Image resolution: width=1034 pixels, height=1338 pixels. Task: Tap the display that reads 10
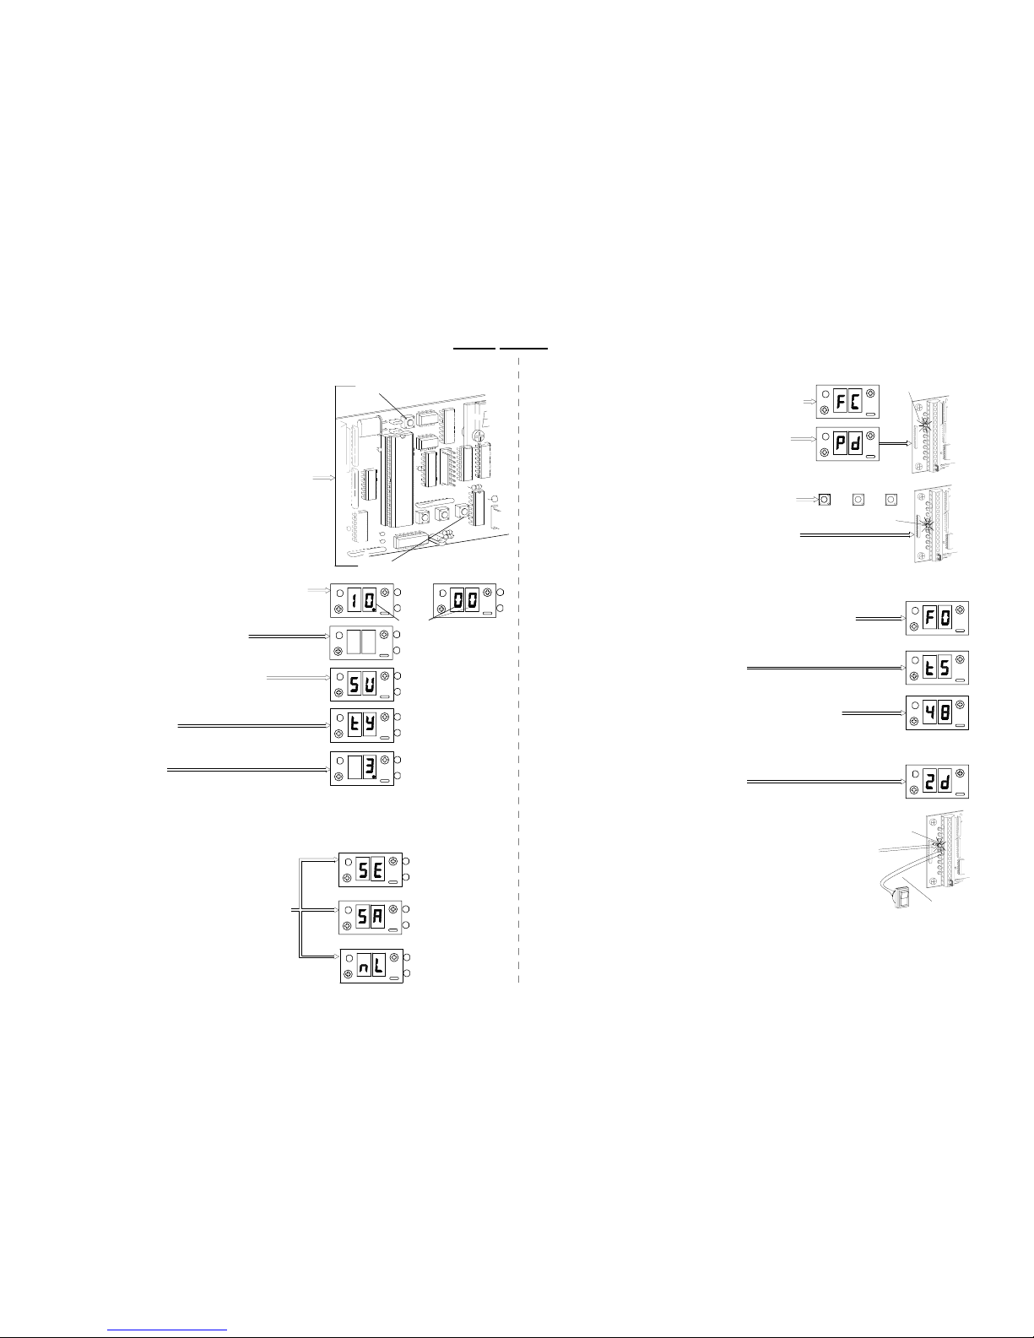(361, 601)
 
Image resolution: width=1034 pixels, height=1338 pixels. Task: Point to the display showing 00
(465, 601)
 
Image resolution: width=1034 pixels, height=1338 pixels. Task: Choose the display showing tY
(361, 724)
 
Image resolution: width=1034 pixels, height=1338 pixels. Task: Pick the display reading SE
(371, 869)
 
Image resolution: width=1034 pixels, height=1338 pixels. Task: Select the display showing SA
(371, 917)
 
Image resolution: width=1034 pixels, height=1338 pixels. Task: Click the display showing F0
(937, 618)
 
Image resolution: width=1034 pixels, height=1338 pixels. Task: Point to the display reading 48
(937, 713)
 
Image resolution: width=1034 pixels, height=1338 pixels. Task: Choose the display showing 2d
(937, 782)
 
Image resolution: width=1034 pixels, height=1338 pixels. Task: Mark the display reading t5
(937, 667)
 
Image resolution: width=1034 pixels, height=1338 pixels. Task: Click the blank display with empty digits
(361, 642)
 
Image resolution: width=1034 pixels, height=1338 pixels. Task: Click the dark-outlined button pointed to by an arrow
(824, 500)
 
